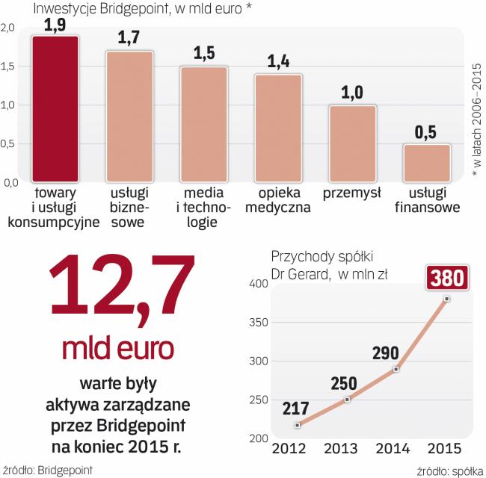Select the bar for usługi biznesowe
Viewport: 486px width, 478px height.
tap(129, 117)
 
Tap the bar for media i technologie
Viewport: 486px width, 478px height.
tap(203, 124)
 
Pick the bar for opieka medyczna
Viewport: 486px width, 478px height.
tap(277, 128)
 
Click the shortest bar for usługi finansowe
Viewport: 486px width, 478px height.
tap(427, 163)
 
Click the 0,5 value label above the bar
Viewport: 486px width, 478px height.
tap(427, 132)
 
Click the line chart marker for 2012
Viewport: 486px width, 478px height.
tap(298, 425)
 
